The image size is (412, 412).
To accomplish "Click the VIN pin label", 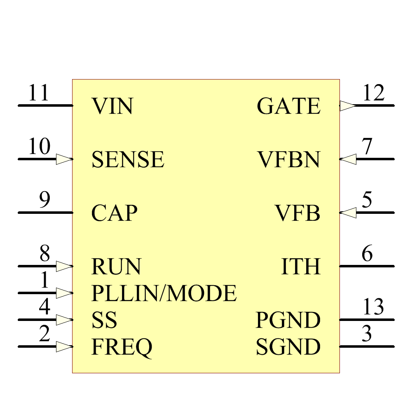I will [x=112, y=106].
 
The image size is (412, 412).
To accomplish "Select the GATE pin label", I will [x=288, y=106].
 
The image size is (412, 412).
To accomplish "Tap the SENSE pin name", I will [x=128, y=160].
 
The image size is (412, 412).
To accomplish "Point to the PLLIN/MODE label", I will [x=164, y=293].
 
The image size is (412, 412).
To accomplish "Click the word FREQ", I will [x=122, y=347].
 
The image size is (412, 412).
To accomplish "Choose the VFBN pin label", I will [x=289, y=160].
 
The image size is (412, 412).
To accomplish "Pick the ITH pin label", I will [x=301, y=267].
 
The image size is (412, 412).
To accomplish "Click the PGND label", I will [x=288, y=321].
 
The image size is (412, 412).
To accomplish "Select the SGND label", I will [x=288, y=347].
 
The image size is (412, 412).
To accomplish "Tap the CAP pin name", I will [x=114, y=213].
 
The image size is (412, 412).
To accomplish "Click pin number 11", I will [x=38, y=94].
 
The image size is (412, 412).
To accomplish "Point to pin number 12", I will [x=373, y=94].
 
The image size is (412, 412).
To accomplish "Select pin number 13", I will [x=373, y=307].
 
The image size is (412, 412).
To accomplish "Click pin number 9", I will [x=44, y=201].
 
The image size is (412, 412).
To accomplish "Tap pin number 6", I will [x=367, y=254].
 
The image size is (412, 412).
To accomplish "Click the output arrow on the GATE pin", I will [x=347, y=106].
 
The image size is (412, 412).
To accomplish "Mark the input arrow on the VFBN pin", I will [x=348, y=159].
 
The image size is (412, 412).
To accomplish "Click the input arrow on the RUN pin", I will [x=64, y=266].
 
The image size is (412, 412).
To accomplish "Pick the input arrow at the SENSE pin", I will [x=64, y=159].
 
